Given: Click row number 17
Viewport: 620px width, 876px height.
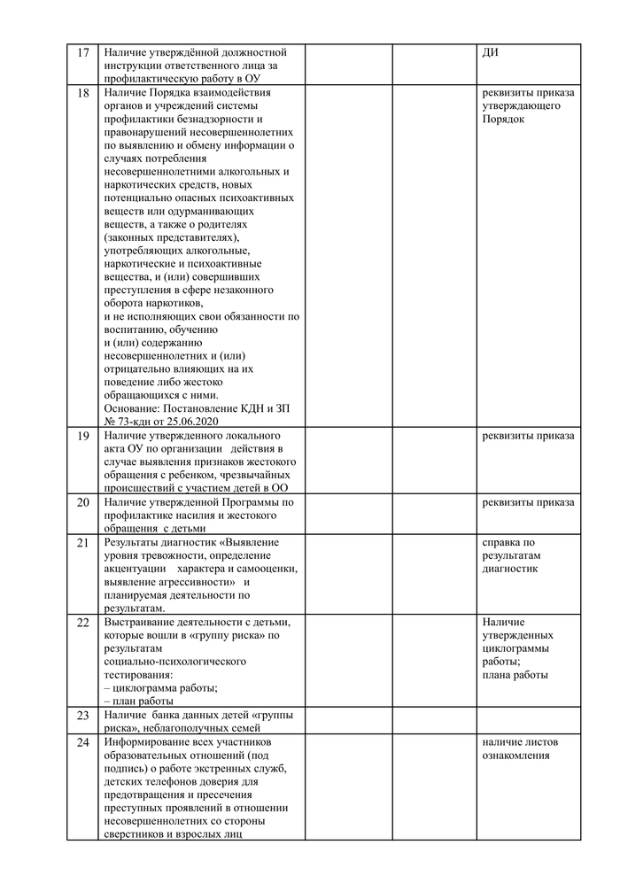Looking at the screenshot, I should (84, 52).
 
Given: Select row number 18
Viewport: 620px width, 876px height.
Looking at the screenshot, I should (84, 92).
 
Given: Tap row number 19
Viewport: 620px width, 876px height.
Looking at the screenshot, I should (84, 436).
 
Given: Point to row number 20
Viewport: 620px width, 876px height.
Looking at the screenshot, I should (84, 502).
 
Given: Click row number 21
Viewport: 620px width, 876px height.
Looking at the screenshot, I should (84, 542).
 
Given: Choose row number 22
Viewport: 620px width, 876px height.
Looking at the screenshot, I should (84, 622).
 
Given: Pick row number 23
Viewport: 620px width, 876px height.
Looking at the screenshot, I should (84, 715).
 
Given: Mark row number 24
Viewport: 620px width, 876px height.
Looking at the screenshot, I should (84, 741).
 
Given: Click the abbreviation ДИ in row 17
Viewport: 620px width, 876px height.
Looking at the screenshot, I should (491, 52).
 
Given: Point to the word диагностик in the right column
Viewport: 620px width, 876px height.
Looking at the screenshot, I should (509, 569).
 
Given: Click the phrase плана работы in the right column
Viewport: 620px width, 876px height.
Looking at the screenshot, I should (515, 675).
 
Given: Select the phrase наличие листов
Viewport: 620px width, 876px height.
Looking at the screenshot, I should (520, 741).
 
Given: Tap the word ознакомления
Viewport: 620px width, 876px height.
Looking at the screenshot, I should (515, 755).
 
